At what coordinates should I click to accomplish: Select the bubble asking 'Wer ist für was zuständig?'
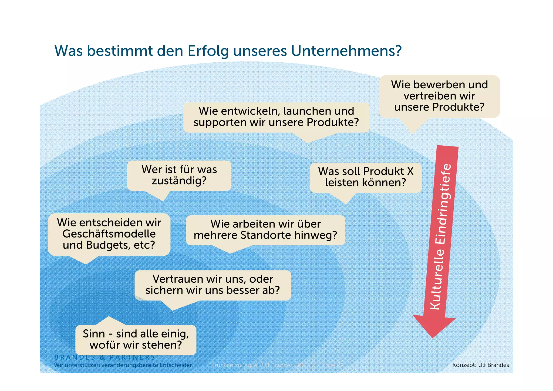(x=179, y=175)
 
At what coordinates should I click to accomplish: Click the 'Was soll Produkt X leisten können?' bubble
(x=366, y=177)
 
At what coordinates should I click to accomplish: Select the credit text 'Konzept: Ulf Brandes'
(x=480, y=365)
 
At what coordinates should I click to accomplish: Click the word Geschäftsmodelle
(x=109, y=234)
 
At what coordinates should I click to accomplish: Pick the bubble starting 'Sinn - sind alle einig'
(x=136, y=339)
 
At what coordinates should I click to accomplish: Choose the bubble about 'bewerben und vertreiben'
(x=439, y=96)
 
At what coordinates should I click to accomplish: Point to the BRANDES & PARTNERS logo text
(x=105, y=357)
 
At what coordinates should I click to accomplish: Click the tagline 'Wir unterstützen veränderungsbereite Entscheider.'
(x=124, y=365)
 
